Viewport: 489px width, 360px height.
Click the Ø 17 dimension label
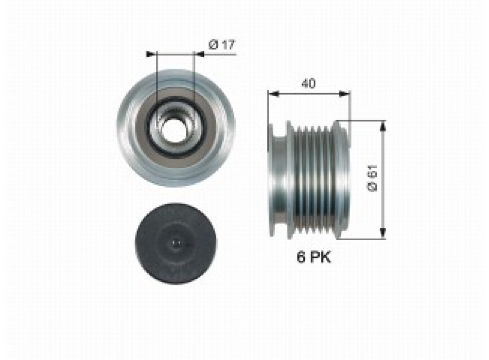(x=222, y=45)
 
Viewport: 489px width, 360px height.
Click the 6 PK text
(x=313, y=258)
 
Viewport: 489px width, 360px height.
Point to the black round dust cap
(x=176, y=242)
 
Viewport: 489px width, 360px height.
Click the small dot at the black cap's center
(x=176, y=242)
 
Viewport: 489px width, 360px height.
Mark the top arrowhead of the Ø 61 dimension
(x=382, y=125)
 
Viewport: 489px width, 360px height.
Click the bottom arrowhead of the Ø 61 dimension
(x=382, y=235)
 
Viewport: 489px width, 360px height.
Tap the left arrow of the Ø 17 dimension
(x=150, y=53)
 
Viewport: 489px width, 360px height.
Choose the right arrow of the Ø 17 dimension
(x=199, y=53)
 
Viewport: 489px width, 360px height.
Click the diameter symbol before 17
(x=213, y=45)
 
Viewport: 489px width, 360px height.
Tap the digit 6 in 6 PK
(x=300, y=258)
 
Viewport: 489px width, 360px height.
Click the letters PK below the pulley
(x=320, y=258)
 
